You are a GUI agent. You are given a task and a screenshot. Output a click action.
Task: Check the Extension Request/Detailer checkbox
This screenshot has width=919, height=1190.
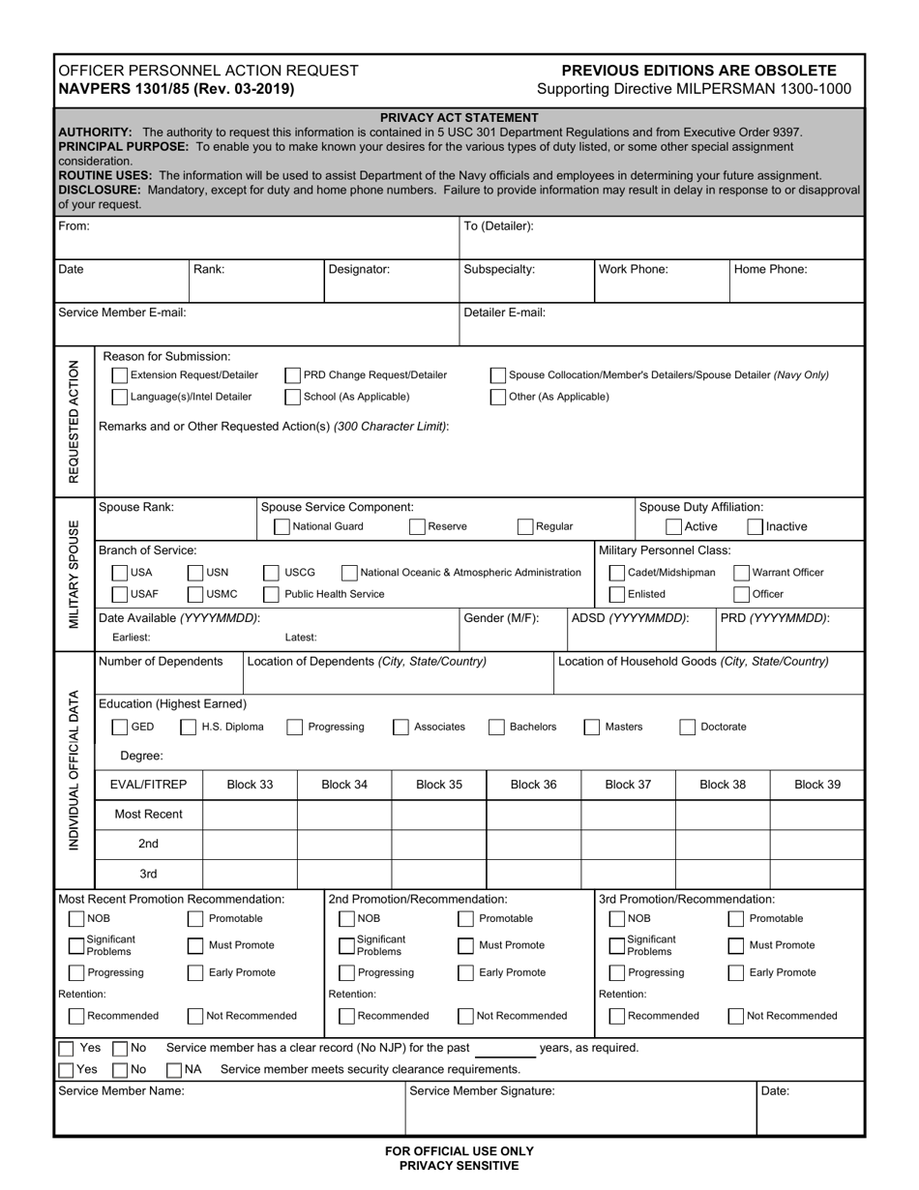[120, 375]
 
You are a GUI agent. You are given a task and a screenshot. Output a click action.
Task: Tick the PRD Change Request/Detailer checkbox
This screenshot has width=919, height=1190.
[292, 375]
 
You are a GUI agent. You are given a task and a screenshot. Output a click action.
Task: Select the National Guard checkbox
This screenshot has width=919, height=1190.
[282, 527]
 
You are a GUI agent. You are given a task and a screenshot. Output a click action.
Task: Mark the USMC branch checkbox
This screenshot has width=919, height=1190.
[195, 594]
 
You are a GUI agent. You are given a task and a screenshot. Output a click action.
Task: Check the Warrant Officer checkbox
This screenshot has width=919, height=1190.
[742, 573]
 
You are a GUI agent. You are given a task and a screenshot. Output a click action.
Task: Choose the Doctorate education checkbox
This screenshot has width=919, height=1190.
[687, 728]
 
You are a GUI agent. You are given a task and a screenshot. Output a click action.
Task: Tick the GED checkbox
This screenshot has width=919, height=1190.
[120, 728]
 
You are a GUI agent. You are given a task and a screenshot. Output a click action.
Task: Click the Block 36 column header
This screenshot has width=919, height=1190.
[533, 785]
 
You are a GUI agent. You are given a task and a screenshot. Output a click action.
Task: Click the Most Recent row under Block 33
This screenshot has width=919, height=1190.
[250, 815]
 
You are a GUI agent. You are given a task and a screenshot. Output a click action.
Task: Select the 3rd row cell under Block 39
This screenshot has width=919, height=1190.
[816, 874]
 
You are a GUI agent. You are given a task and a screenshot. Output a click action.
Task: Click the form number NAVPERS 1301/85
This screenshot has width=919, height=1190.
[176, 88]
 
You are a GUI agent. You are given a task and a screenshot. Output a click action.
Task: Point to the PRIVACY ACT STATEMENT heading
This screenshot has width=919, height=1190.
[459, 117]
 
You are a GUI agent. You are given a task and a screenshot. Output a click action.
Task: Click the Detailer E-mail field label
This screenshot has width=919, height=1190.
[505, 312]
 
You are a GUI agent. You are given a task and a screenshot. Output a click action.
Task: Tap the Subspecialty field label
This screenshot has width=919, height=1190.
[499, 270]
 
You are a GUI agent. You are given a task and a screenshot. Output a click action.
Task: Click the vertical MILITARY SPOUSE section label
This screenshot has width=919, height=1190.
[74, 575]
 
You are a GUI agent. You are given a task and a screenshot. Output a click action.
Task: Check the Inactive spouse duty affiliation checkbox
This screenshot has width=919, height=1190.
[755, 527]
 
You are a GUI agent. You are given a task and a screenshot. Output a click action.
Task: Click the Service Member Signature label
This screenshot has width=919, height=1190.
[483, 1091]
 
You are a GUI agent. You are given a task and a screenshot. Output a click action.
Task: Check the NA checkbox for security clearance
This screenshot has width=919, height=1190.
[174, 1070]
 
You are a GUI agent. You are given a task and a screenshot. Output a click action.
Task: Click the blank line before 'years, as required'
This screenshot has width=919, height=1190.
[505, 1049]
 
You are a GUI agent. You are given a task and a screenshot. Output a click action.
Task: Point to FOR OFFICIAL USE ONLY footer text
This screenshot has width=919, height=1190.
[459, 1151]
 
